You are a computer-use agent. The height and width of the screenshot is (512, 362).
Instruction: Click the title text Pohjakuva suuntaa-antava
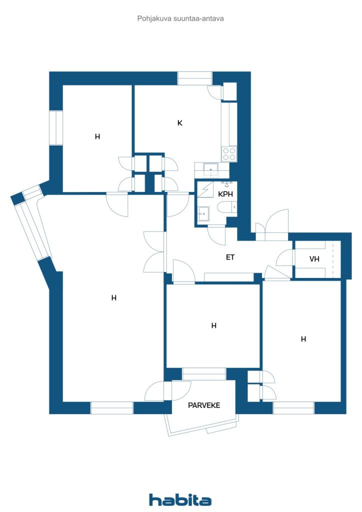180,18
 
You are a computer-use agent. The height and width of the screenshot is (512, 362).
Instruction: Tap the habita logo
180,499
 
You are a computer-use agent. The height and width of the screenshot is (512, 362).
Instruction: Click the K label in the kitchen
179,123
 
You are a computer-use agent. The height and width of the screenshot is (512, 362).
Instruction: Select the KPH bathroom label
225,194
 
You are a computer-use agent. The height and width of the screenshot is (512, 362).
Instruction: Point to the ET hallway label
230,257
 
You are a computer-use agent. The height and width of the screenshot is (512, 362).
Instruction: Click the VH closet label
314,259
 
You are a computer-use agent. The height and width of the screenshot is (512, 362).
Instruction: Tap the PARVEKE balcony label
204,405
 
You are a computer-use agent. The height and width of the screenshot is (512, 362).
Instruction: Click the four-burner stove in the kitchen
229,154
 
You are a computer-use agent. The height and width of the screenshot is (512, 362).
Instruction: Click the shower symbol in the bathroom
204,190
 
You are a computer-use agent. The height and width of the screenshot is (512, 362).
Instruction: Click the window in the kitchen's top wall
195,78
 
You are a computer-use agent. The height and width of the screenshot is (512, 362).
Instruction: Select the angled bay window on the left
31,226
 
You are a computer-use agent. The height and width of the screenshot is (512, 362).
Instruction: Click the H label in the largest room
114,298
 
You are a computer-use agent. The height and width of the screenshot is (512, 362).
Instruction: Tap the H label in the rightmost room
303,339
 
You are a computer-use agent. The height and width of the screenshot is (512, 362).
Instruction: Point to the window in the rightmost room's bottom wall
293,407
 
